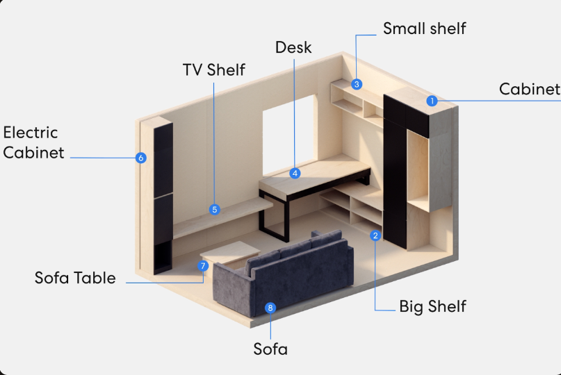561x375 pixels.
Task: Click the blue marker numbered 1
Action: [432, 101]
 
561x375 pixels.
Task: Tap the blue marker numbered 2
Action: [375, 235]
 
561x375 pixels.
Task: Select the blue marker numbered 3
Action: [357, 84]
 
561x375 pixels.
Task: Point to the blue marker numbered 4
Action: [295, 173]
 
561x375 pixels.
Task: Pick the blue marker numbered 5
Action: [214, 209]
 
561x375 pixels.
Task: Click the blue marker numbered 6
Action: [141, 158]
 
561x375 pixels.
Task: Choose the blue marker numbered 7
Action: [203, 265]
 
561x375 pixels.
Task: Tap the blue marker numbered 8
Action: [270, 307]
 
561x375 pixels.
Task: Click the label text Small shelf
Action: [424, 28]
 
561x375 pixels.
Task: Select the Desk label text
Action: [293, 47]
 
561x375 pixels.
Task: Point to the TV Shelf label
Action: [214, 69]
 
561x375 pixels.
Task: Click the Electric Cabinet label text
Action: [33, 142]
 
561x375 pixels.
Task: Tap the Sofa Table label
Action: [75, 278]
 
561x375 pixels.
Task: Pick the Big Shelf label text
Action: [432, 306]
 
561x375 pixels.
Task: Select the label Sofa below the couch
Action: [270, 348]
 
